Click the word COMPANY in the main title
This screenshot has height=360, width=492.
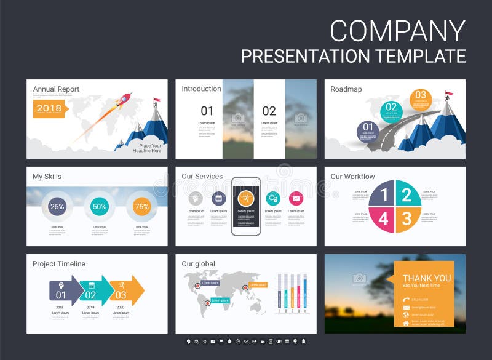pyautogui.click(x=397, y=31)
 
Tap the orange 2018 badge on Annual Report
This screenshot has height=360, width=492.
pyautogui.click(x=49, y=108)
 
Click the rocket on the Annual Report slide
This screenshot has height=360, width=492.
pyautogui.click(x=124, y=100)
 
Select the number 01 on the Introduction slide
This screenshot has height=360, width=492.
pyautogui.click(x=207, y=111)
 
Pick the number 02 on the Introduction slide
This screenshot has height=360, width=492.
pyautogui.click(x=269, y=111)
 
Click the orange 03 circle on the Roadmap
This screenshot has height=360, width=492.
pyautogui.click(x=421, y=95)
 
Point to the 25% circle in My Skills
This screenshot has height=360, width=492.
pyautogui.click(x=57, y=207)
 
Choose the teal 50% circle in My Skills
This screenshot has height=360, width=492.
pyautogui.click(x=100, y=207)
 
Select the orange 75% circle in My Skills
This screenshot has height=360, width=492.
pyautogui.click(x=142, y=207)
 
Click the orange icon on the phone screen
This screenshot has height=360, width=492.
pyautogui.click(x=245, y=198)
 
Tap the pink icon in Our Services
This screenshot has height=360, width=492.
pyautogui.click(x=296, y=198)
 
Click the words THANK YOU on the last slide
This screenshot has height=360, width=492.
pyautogui.click(x=427, y=278)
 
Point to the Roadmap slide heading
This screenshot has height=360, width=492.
pyautogui.click(x=346, y=89)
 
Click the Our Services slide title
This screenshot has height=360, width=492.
pyautogui.click(x=202, y=177)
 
